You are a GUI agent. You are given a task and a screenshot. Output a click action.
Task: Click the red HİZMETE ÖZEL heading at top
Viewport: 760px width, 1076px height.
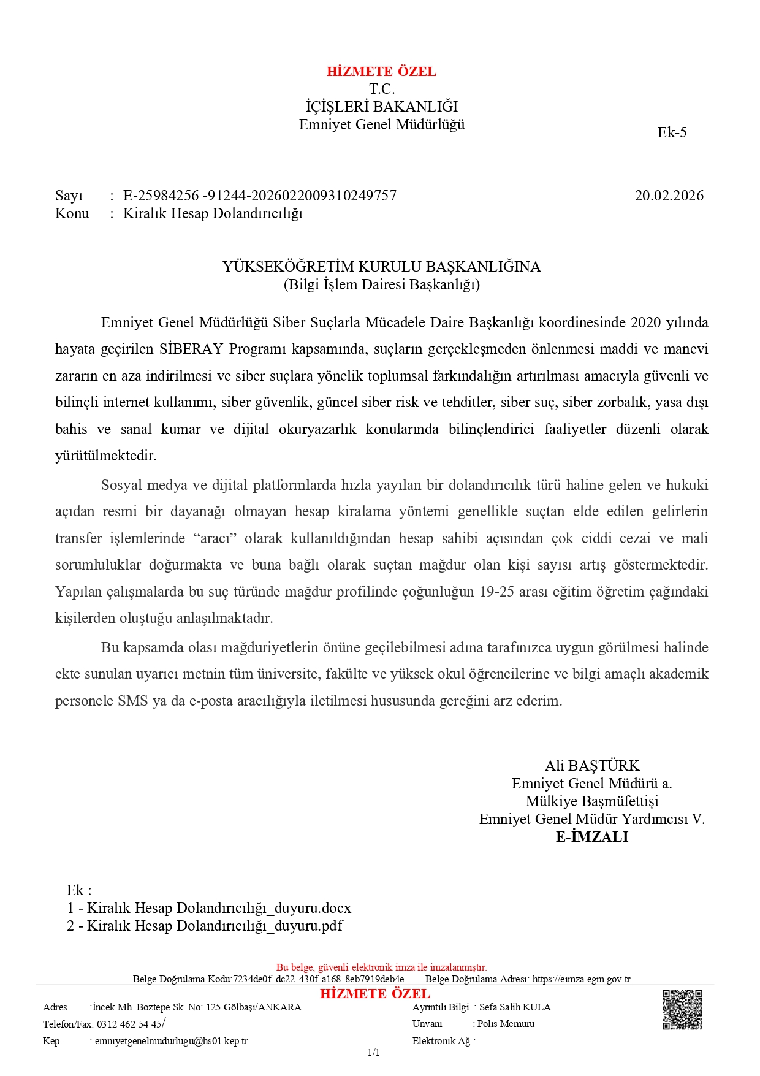pyautogui.click(x=381, y=72)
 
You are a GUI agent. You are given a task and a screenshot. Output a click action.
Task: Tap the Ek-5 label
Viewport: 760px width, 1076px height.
pyautogui.click(x=672, y=132)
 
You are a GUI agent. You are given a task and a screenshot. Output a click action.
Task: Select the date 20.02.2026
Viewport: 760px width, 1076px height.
pyautogui.click(x=669, y=196)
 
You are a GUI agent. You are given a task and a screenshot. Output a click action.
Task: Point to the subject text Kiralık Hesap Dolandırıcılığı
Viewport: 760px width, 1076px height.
pyautogui.click(x=213, y=213)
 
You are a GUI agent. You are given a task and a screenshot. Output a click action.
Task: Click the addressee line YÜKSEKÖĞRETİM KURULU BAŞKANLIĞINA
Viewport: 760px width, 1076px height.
pyautogui.click(x=381, y=267)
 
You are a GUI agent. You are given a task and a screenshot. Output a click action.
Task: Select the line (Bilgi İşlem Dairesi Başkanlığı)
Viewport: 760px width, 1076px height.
pyautogui.click(x=381, y=284)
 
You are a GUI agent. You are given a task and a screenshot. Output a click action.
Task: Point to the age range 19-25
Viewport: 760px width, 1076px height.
pyautogui.click(x=496, y=592)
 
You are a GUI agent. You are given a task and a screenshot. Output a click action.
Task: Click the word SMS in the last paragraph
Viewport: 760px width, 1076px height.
pyautogui.click(x=132, y=701)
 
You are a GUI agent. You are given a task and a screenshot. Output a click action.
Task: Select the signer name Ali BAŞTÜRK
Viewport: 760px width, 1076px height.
pyautogui.click(x=592, y=766)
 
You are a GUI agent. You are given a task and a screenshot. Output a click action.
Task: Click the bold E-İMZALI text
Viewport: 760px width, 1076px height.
pyautogui.click(x=592, y=837)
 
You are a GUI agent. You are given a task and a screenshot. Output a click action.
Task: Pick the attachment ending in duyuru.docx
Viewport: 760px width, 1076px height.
pyautogui.click(x=210, y=908)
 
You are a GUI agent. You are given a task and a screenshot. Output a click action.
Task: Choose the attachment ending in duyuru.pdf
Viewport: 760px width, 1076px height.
pyautogui.click(x=205, y=926)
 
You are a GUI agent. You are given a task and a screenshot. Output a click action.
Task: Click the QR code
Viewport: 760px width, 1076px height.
pyautogui.click(x=682, y=1009)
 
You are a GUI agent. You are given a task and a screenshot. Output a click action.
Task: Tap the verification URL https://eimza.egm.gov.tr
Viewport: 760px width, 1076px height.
pyautogui.click(x=581, y=979)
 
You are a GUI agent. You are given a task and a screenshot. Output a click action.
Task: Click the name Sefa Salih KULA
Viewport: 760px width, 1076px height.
pyautogui.click(x=515, y=1007)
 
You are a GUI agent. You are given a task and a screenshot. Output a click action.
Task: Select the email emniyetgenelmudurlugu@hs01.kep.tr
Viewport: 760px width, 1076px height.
pyautogui.click(x=172, y=1040)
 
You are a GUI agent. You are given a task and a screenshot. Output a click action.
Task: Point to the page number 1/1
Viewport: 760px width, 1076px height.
pyautogui.click(x=374, y=1053)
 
